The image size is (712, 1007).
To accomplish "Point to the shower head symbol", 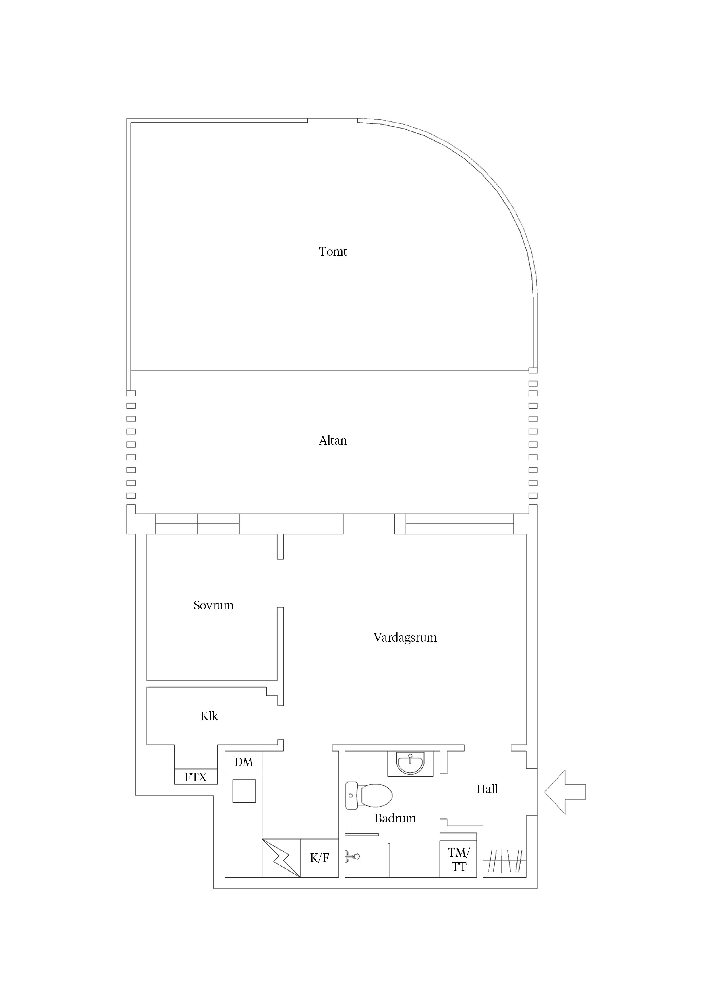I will pyautogui.click(x=353, y=856).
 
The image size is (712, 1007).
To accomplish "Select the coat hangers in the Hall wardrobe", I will pyautogui.click(x=504, y=861).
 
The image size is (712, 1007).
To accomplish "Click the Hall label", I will pyautogui.click(x=487, y=789).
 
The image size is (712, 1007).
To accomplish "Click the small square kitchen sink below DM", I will pyautogui.click(x=244, y=791).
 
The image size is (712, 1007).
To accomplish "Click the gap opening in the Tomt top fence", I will pyautogui.click(x=332, y=119).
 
